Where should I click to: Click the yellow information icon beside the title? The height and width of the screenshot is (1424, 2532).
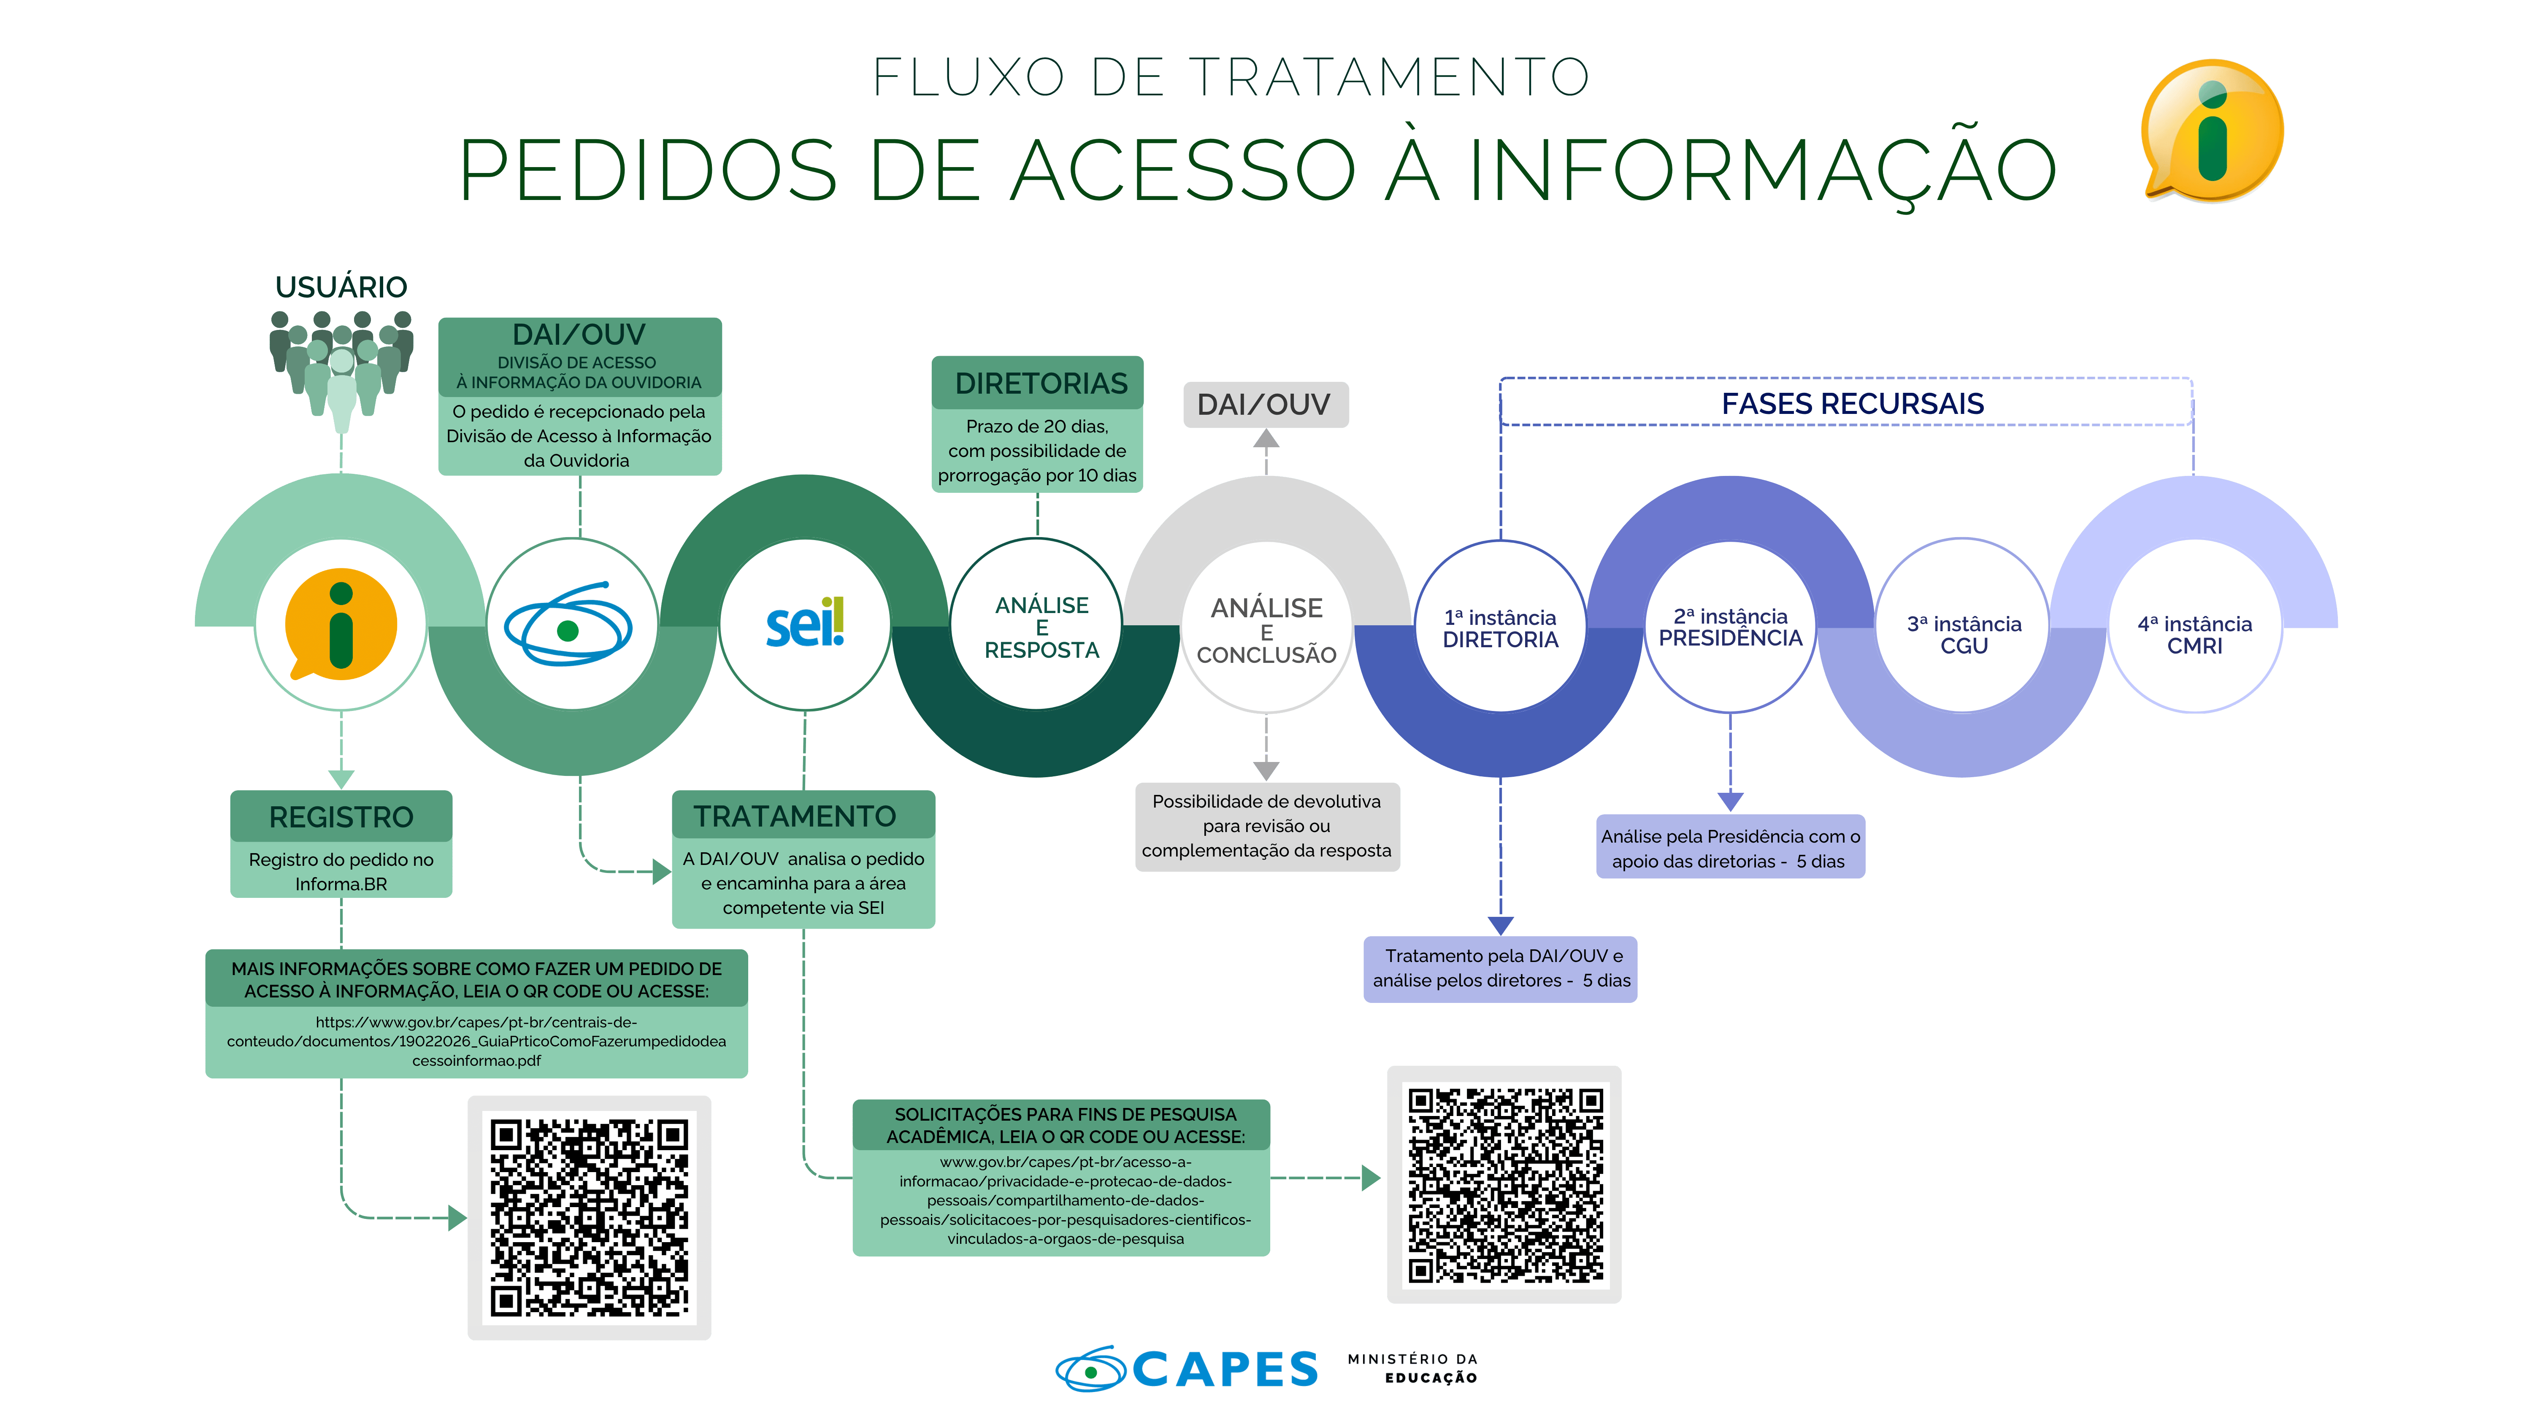(2212, 131)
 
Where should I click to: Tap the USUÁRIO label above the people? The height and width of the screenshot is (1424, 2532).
(341, 287)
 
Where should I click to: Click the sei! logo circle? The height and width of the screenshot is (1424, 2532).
(805, 624)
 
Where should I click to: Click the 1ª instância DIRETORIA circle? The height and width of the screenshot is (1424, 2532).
(1500, 626)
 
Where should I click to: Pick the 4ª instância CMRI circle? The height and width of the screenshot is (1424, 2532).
(2194, 626)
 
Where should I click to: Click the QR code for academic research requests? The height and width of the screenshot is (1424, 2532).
(1504, 1184)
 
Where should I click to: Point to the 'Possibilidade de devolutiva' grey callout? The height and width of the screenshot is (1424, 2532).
(1267, 827)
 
